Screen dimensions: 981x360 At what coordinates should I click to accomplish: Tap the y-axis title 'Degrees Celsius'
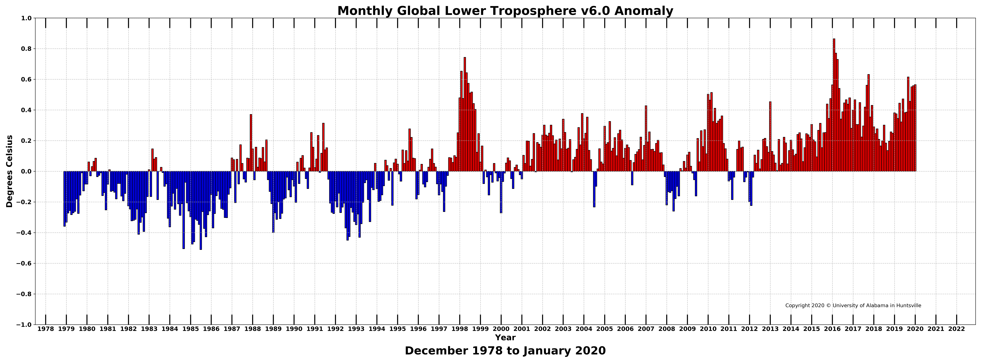pos(10,171)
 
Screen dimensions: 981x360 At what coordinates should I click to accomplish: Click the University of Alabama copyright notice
pos(853,306)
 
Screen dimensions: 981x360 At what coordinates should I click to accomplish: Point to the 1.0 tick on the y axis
pos(27,18)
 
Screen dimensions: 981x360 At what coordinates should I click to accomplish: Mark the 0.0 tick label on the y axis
pos(27,171)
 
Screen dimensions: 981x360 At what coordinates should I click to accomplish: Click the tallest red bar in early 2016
pos(834,105)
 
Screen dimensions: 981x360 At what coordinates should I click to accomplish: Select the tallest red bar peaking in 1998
pos(465,114)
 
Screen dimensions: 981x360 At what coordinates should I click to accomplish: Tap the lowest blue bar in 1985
pos(201,210)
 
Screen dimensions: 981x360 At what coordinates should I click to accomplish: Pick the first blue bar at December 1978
pos(64,199)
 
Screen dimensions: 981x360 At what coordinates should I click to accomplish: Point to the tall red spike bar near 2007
pos(646,139)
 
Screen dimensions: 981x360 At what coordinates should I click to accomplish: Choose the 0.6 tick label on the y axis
pos(27,79)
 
